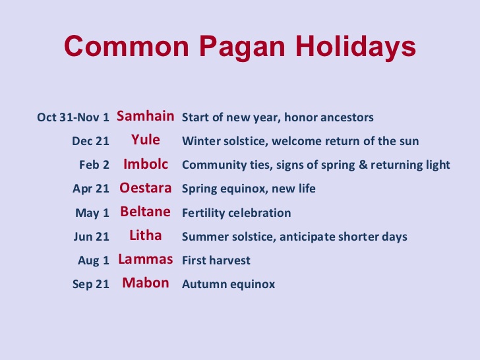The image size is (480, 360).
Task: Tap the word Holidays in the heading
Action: (x=355, y=47)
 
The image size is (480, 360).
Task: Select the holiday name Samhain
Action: (x=146, y=117)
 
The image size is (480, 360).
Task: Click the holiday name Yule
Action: (x=146, y=140)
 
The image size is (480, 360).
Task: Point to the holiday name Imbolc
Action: (x=146, y=164)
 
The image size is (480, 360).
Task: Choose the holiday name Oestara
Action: (x=146, y=188)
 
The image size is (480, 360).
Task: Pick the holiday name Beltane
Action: (x=146, y=212)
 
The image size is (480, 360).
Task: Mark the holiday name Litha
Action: (x=146, y=235)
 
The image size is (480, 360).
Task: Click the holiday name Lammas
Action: (x=146, y=259)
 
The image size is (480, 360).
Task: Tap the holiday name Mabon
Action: (x=146, y=283)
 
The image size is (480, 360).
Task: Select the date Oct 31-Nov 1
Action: (x=73, y=118)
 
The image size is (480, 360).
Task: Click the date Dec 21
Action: (x=90, y=142)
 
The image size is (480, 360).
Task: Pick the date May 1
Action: (x=92, y=213)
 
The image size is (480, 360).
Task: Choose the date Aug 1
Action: (x=93, y=260)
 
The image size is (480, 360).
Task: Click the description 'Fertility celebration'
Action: (x=236, y=213)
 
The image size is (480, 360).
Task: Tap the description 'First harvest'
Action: (x=216, y=260)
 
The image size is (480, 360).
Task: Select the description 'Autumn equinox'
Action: (x=228, y=284)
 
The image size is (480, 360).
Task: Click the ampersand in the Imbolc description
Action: (x=363, y=165)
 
